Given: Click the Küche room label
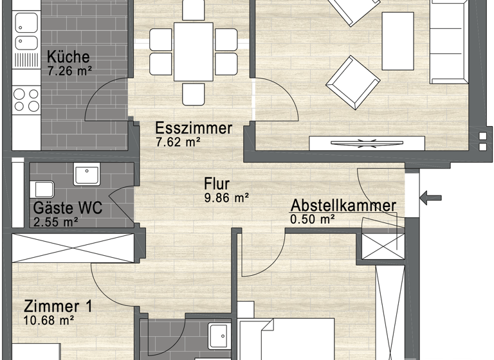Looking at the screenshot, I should tap(68, 57).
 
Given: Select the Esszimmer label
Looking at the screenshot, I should tap(194, 128).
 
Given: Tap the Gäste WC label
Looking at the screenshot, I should tap(68, 210).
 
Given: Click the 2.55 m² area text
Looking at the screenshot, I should tap(55, 223).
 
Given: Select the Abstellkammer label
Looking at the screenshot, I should tap(343, 206).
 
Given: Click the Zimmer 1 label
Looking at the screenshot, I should tap(59, 306).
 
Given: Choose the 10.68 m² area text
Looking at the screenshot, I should tap(49, 320).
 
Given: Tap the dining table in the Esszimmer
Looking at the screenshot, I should tap(193, 51).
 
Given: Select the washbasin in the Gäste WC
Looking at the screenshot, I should tap(86, 175).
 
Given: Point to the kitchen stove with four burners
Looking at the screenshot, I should tap(26, 100).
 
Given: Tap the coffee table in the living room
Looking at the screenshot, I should tap(397, 41).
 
